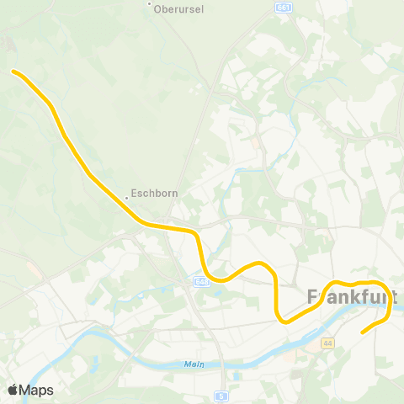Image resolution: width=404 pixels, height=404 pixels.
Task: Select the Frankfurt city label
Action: tap(352, 298)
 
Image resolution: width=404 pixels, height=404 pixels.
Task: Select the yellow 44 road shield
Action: tap(327, 343)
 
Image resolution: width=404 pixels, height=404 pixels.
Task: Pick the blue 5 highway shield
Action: tap(221, 395)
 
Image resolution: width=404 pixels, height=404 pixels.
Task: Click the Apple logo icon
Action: tap(13, 390)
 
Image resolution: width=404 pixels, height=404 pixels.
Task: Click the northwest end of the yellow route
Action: tap(13, 72)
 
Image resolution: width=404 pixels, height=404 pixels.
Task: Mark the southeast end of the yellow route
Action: tap(363, 332)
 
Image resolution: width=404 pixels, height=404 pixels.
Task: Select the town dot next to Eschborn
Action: tap(127, 197)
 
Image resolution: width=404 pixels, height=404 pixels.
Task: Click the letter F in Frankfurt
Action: tap(314, 298)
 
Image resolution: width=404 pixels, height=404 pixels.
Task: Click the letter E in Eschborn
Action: tap(136, 193)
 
